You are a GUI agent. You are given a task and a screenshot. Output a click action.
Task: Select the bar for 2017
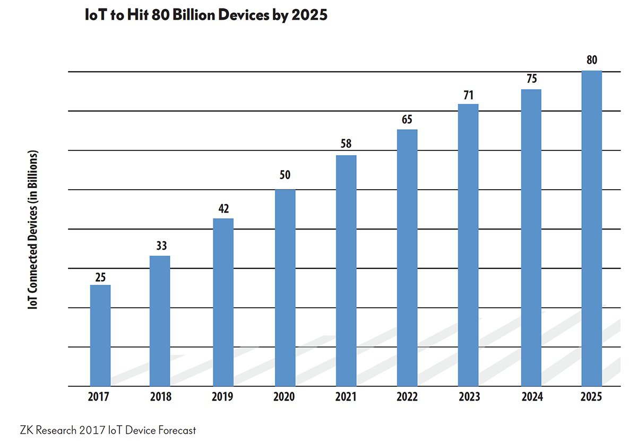(x=100, y=336)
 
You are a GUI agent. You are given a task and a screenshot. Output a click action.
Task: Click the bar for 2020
(x=285, y=288)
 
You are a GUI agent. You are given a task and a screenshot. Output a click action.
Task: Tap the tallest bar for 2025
(x=591, y=228)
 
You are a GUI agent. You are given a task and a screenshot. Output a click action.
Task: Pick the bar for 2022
(x=407, y=258)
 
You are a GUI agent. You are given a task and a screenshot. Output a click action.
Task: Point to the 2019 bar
(x=223, y=302)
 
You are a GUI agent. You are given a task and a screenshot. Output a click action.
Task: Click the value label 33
(x=161, y=246)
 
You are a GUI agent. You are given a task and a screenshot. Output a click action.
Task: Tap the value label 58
(x=346, y=144)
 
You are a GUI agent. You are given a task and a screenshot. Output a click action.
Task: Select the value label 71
(x=468, y=95)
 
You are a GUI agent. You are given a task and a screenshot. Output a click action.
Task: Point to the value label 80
(x=591, y=60)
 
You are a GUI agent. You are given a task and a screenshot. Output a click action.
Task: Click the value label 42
(x=223, y=208)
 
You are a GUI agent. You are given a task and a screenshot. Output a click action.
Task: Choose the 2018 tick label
(x=161, y=397)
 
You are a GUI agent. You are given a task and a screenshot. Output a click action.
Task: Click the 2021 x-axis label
(x=346, y=397)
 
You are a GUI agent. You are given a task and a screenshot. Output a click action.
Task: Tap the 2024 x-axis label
(x=531, y=397)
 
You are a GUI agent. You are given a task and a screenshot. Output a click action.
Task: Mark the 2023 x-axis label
(x=468, y=397)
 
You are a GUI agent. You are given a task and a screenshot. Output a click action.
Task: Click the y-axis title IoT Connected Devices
(x=33, y=230)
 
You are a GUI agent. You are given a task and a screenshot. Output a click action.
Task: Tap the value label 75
(x=531, y=79)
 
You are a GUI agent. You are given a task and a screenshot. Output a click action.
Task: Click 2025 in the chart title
(x=309, y=15)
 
